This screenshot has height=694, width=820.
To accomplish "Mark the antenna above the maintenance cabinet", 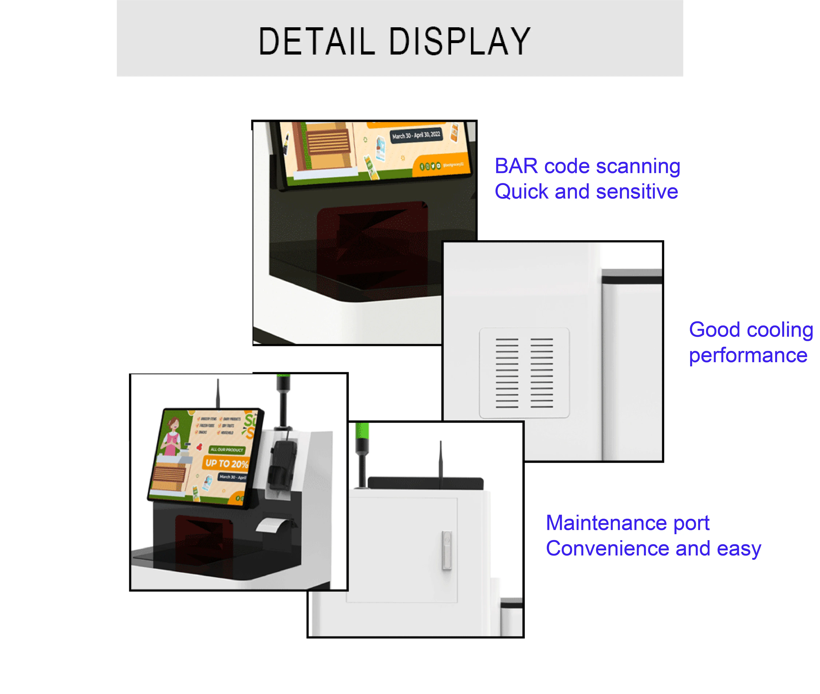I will coord(441,460).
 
